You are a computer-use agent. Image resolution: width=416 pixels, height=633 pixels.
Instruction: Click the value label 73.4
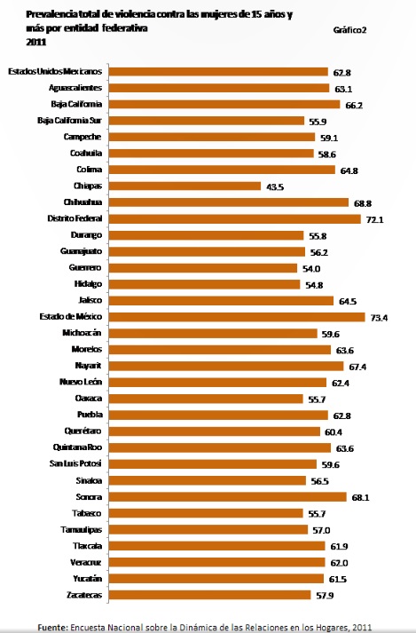tap(379, 317)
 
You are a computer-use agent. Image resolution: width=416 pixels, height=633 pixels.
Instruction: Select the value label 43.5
tap(274, 186)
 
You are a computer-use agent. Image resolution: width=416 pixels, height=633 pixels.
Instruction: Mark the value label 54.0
tap(310, 268)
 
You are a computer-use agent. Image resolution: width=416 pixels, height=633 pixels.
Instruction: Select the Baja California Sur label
tap(70, 121)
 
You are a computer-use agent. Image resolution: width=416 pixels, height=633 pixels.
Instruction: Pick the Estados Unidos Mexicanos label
tap(55, 71)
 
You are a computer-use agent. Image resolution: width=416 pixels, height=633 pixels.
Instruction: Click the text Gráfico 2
tap(351, 30)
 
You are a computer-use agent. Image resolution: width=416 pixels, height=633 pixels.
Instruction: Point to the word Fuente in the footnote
tap(52, 626)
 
